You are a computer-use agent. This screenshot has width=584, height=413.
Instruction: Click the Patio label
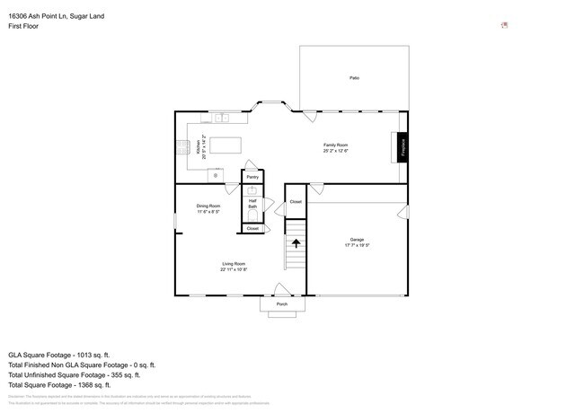354,79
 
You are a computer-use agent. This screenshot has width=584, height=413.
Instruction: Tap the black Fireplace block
403,146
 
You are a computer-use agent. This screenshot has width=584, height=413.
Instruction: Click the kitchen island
225,145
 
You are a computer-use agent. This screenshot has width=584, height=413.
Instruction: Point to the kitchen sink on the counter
222,118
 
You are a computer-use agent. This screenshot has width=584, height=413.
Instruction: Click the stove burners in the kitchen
181,146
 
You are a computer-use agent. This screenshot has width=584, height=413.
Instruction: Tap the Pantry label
252,177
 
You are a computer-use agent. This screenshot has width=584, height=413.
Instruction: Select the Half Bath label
252,204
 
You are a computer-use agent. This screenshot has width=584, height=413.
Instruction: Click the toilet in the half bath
252,215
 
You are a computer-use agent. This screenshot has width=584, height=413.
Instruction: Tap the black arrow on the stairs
296,242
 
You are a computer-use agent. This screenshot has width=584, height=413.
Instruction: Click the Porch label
281,304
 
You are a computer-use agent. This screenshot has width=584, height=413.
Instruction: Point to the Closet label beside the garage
296,202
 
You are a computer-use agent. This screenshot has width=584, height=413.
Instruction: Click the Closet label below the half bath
252,229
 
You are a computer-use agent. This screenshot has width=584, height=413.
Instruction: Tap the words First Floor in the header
23,26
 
